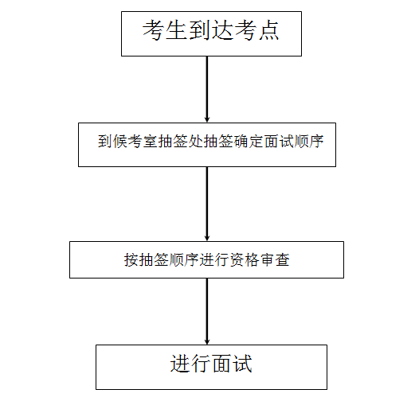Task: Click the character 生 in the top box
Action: [x=176, y=30]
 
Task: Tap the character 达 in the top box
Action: [x=222, y=30]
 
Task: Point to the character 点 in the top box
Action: [x=268, y=30]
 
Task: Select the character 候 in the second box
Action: [x=120, y=141]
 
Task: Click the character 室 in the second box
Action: [x=151, y=141]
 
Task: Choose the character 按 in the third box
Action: [x=131, y=259]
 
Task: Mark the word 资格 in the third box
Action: [x=245, y=259]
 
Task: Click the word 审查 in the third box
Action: [x=275, y=259]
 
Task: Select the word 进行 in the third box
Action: [x=214, y=259]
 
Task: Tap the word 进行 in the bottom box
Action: [x=190, y=364]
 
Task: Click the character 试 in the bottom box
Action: [x=242, y=364]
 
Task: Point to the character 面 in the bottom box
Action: [x=221, y=364]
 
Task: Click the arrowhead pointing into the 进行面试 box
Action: [x=207, y=341]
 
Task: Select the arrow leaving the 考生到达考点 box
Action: [x=207, y=89]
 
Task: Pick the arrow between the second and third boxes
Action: [x=207, y=204]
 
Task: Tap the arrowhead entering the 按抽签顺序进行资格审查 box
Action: [x=207, y=238]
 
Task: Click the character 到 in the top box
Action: [x=199, y=30]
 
